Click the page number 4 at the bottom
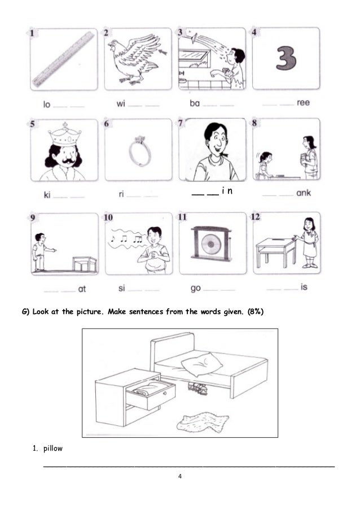(179, 476)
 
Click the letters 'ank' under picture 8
(303, 193)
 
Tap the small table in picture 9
(84, 264)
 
